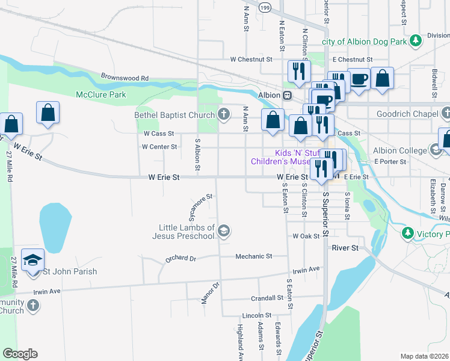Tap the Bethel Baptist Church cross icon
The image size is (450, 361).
[x=224, y=114]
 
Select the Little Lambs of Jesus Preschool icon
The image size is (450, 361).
[x=224, y=232]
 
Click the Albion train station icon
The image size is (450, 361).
[x=288, y=95]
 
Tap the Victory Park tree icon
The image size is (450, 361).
[x=408, y=233]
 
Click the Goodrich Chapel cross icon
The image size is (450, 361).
[x=445, y=113]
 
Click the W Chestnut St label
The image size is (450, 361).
[x=251, y=60]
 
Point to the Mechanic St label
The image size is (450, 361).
[x=253, y=256]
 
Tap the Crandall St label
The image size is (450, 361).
[x=267, y=298]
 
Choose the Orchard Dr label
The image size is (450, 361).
[x=180, y=259]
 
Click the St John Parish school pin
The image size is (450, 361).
[x=33, y=259]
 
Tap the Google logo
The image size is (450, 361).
[x=20, y=354]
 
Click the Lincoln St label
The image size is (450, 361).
[x=257, y=315]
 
